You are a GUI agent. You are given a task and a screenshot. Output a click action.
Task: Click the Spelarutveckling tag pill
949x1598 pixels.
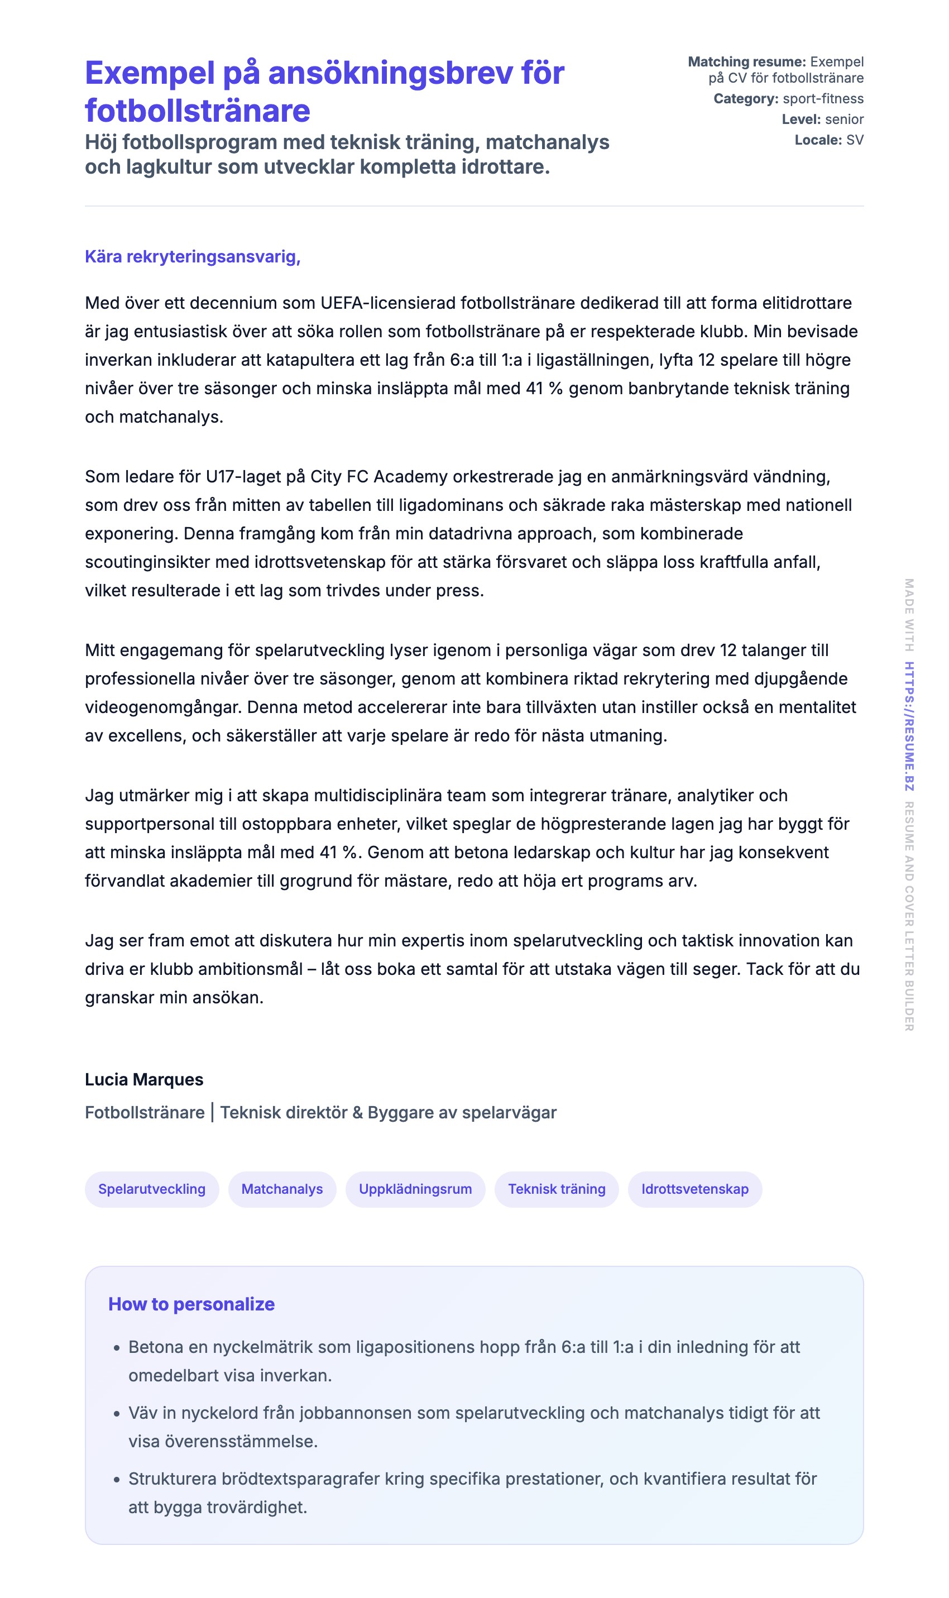[x=151, y=1189]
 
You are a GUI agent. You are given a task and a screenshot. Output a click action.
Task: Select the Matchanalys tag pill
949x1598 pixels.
[x=282, y=1189]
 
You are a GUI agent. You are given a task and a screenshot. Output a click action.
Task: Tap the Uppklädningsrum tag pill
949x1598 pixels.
[x=415, y=1189]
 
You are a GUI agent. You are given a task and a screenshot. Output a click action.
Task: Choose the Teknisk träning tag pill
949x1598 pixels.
[x=557, y=1189]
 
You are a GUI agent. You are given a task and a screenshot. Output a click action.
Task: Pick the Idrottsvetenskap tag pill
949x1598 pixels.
[x=694, y=1189]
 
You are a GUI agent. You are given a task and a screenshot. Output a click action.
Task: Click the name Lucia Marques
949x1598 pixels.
[x=144, y=1079]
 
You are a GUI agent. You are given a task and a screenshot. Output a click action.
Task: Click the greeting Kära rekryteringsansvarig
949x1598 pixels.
[x=193, y=256]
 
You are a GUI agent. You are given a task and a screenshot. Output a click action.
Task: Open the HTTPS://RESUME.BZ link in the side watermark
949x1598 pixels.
[x=909, y=726]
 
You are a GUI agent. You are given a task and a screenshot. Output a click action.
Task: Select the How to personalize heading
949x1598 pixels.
[x=191, y=1304]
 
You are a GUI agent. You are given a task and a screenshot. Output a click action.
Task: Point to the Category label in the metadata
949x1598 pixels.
[x=746, y=98]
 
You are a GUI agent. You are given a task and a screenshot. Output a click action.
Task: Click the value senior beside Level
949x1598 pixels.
[x=844, y=119]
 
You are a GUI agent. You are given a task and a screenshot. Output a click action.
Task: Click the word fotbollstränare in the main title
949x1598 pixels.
[x=198, y=111]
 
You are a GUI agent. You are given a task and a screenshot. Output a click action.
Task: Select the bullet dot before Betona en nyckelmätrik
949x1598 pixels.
[x=116, y=1348]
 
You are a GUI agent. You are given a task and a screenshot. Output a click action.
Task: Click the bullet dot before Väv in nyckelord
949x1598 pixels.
[x=116, y=1414]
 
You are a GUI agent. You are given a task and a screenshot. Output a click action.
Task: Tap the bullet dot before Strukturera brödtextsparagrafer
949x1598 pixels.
[x=116, y=1480]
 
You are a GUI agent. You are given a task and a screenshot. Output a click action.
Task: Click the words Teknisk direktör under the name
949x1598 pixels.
[x=284, y=1113]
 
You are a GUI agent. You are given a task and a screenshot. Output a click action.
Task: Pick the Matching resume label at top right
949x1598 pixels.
[x=746, y=61]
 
